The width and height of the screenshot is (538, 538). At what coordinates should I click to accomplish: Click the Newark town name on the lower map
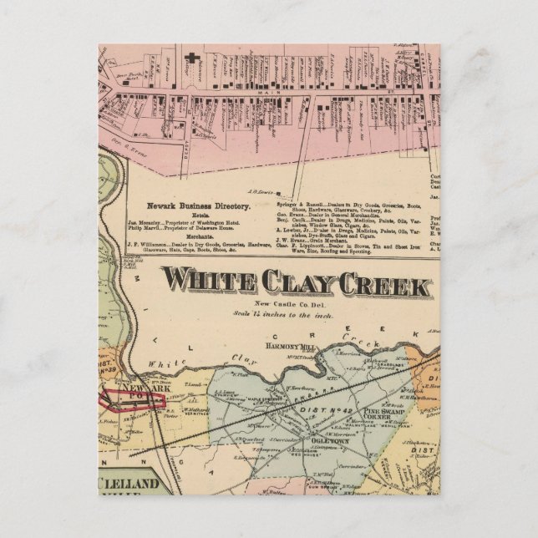134,390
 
